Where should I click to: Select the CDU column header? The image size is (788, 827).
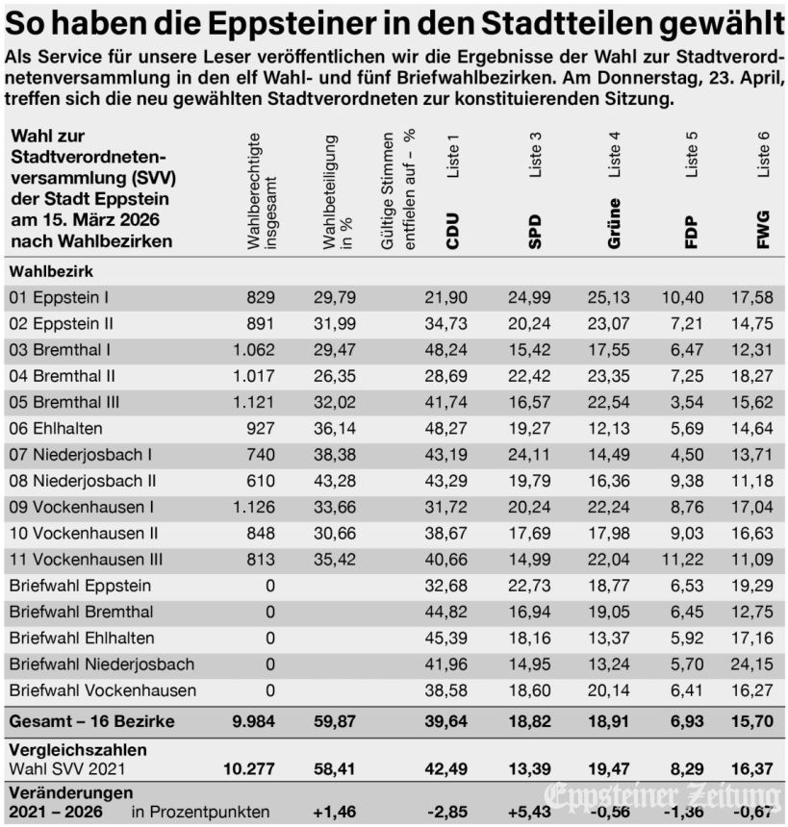click(x=452, y=231)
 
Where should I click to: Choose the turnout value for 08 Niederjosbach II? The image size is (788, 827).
click(x=336, y=480)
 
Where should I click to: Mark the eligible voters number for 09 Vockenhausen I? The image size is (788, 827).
click(x=254, y=506)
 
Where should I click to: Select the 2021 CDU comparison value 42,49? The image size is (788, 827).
click(x=445, y=767)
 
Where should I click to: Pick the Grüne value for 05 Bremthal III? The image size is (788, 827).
click(x=607, y=402)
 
